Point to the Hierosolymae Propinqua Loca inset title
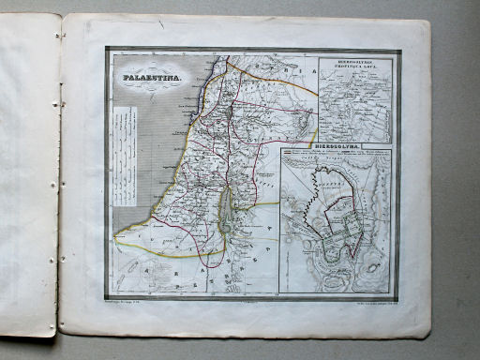point(355,69)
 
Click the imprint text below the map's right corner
point(371,299)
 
